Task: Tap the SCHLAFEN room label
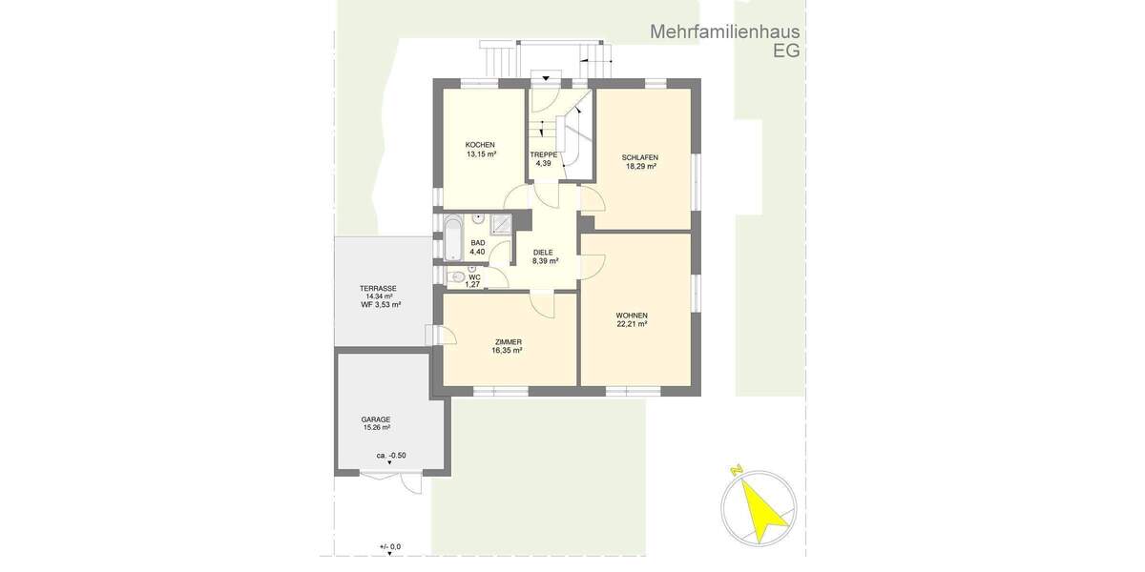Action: [x=639, y=157]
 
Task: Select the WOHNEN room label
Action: [x=632, y=316]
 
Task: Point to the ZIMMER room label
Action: [x=507, y=342]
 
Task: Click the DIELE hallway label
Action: [x=544, y=252]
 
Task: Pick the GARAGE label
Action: [x=376, y=419]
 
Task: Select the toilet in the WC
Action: [x=455, y=277]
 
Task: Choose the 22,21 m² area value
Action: [x=632, y=324]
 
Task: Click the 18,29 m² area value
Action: [x=639, y=166]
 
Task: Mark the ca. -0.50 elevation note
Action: [x=391, y=455]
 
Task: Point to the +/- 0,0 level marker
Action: [x=390, y=546]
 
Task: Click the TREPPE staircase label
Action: [x=543, y=154]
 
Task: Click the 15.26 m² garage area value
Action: [x=376, y=428]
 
